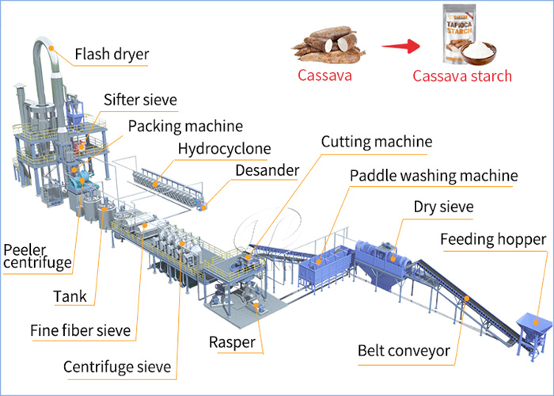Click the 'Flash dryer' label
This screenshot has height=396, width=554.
point(112,55)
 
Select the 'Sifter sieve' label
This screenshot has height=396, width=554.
point(140,100)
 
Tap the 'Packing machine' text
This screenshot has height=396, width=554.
point(185,125)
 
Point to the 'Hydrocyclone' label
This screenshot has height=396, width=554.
point(224,148)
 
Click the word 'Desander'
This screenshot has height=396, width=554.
point(267,170)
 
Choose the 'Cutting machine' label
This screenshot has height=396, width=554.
point(376,142)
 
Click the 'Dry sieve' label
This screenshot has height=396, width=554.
point(443,207)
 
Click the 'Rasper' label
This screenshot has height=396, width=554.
point(232,342)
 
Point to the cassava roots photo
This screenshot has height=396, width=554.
point(324,44)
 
